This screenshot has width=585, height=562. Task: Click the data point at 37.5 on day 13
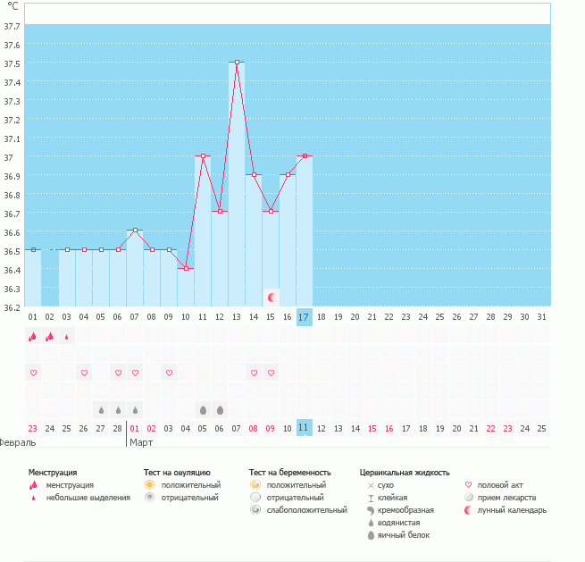[237, 63]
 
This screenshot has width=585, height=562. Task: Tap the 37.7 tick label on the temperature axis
[12, 26]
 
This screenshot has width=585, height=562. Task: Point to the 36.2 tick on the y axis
[12, 307]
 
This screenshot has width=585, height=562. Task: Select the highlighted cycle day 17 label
[305, 316]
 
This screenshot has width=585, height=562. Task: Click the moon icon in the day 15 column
[271, 296]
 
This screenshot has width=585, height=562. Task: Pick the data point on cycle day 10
[186, 268]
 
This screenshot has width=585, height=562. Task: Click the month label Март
[141, 442]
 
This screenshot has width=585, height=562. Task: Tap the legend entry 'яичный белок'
[404, 535]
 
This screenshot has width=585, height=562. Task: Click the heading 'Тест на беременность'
[290, 472]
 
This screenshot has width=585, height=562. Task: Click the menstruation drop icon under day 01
[33, 337]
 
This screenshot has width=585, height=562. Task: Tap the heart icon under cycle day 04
[84, 373]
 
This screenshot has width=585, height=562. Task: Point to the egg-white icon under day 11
[203, 410]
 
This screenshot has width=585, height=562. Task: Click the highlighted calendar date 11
[305, 428]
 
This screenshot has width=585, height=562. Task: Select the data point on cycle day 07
[135, 231]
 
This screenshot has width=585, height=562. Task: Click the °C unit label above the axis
[13, 7]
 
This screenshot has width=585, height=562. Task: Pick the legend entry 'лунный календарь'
[512, 510]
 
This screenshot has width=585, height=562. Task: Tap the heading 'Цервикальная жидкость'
[404, 472]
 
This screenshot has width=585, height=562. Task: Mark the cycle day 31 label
[542, 316]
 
